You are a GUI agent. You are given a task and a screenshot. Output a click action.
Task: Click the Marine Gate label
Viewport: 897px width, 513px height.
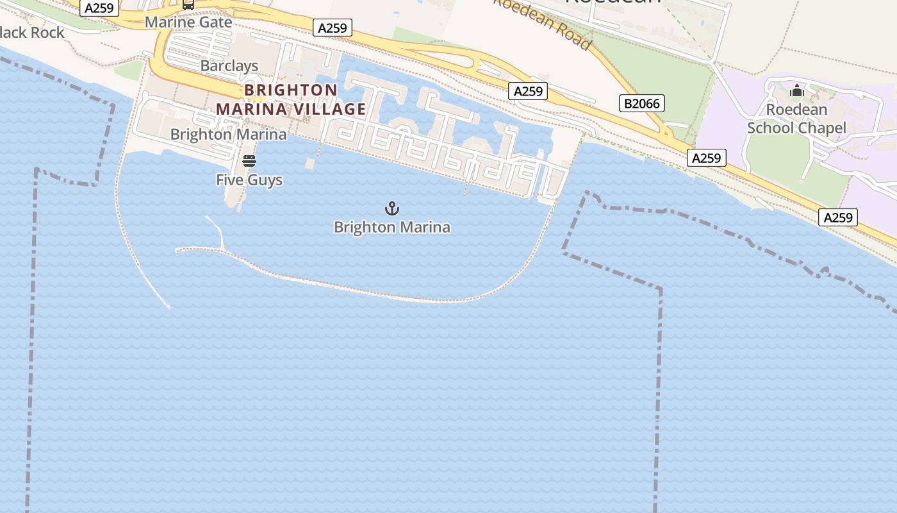[x=188, y=22]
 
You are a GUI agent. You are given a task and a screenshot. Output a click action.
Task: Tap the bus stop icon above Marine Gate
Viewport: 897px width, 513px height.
[x=188, y=5]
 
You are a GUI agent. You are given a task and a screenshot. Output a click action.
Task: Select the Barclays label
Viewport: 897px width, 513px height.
[x=229, y=65]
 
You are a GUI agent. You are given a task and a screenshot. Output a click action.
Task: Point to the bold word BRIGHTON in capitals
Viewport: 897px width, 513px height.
[x=291, y=90]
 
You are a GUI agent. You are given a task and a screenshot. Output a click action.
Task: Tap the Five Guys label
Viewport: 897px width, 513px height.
[x=249, y=180]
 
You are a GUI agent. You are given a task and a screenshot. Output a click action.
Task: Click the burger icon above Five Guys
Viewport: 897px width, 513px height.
[x=249, y=161]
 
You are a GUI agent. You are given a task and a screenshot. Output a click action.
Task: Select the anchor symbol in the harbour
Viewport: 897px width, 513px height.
[x=391, y=208]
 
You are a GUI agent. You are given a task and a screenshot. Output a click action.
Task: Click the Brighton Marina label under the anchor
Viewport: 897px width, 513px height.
[x=391, y=227]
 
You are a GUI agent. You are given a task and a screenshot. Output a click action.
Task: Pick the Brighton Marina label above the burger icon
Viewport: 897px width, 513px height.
[x=228, y=134]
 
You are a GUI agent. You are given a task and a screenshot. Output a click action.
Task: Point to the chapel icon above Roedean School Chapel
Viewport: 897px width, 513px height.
[x=797, y=91]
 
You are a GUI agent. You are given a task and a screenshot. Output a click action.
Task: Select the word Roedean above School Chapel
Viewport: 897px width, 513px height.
[x=797, y=109]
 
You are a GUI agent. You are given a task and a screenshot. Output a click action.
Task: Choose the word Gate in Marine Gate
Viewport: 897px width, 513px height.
[x=217, y=22]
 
